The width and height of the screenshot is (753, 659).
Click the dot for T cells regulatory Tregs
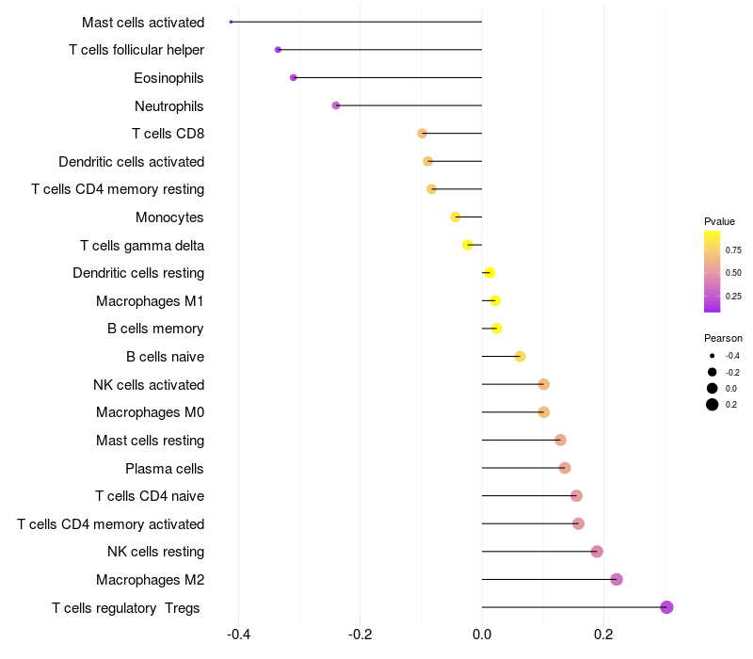tap(666, 607)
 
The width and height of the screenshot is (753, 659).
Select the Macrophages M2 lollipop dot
tap(617, 579)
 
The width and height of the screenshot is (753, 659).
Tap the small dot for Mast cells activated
tap(231, 22)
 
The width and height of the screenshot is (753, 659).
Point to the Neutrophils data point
tap(336, 105)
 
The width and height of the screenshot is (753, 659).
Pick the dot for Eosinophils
tap(294, 77)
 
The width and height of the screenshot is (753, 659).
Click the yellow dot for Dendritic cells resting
tap(489, 273)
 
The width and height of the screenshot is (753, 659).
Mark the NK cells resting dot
tap(597, 552)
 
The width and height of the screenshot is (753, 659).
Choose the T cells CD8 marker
tap(423, 134)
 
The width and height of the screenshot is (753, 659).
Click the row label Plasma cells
tap(165, 468)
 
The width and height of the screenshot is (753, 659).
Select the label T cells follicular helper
tap(136, 50)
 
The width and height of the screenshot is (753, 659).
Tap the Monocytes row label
tap(169, 217)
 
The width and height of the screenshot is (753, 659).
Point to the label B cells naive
tap(165, 357)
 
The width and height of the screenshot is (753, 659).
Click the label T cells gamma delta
tap(142, 246)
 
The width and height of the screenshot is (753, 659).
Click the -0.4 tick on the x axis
tap(239, 635)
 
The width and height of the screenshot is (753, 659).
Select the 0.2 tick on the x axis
tap(603, 635)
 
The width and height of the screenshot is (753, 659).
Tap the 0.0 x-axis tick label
tap(482, 635)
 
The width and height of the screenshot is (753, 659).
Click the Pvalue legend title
tap(719, 221)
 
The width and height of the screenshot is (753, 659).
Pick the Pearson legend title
tap(723, 338)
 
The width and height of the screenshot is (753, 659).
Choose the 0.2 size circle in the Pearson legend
tap(713, 405)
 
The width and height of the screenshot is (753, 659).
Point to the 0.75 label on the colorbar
tap(733, 249)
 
